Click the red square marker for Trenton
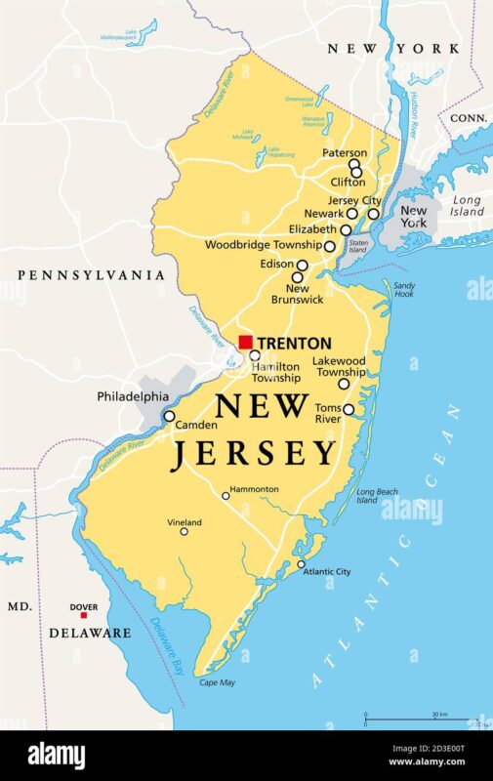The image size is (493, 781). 245,342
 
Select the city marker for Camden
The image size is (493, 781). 169,416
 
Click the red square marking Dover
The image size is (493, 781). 83,615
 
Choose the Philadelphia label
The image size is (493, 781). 132,397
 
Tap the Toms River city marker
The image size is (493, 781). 349,409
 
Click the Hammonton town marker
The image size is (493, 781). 226,496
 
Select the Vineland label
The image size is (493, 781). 184,523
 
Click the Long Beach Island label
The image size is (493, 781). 374,496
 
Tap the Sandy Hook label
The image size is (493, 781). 404,290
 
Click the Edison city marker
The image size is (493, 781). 303,265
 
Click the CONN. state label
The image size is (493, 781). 469,117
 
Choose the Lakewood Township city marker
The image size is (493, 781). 344,384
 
